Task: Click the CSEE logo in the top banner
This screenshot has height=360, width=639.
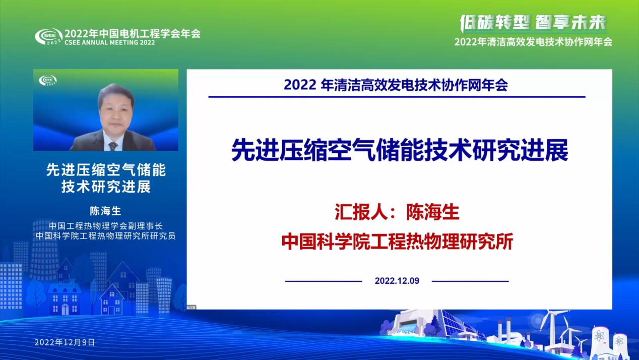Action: (48, 36)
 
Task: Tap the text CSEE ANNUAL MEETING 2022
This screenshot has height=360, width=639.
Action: (109, 43)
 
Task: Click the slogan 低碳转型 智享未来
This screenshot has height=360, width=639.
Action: (533, 23)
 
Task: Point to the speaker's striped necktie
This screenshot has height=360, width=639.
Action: (113, 146)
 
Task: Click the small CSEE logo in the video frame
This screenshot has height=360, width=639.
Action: (48, 80)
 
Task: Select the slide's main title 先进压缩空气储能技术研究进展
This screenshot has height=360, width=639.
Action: (399, 150)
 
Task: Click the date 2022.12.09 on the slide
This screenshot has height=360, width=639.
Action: (397, 281)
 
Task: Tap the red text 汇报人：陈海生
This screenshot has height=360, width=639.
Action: (397, 212)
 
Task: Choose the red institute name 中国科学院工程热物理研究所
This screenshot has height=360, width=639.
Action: (397, 242)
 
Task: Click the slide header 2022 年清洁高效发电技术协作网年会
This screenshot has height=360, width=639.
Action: (396, 85)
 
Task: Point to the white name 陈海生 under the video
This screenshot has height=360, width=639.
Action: (105, 211)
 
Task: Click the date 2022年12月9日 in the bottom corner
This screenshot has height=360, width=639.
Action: (65, 342)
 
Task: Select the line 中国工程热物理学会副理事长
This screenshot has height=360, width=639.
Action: (105, 226)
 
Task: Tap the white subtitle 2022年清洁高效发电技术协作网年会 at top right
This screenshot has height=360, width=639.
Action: (533, 42)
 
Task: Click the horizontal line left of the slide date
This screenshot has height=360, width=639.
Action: (324, 281)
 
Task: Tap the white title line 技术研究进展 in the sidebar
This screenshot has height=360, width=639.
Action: (106, 187)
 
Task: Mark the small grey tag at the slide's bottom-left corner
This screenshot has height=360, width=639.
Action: (191, 308)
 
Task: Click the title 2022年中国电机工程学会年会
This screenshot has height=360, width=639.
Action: (133, 34)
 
